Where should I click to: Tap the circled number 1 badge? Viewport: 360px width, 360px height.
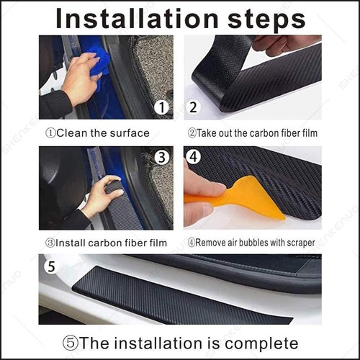(x=162, y=108)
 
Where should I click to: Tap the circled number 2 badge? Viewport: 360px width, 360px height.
(x=194, y=108)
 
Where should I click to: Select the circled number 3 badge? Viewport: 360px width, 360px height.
(x=162, y=157)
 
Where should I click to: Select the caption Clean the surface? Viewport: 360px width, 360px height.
(x=98, y=132)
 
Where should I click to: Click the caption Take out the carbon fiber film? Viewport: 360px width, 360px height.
(x=253, y=132)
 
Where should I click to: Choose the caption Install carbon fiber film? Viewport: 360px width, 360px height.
(x=106, y=243)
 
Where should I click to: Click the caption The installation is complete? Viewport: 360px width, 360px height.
(x=180, y=342)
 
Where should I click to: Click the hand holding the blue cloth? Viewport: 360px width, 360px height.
(x=78, y=81)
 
